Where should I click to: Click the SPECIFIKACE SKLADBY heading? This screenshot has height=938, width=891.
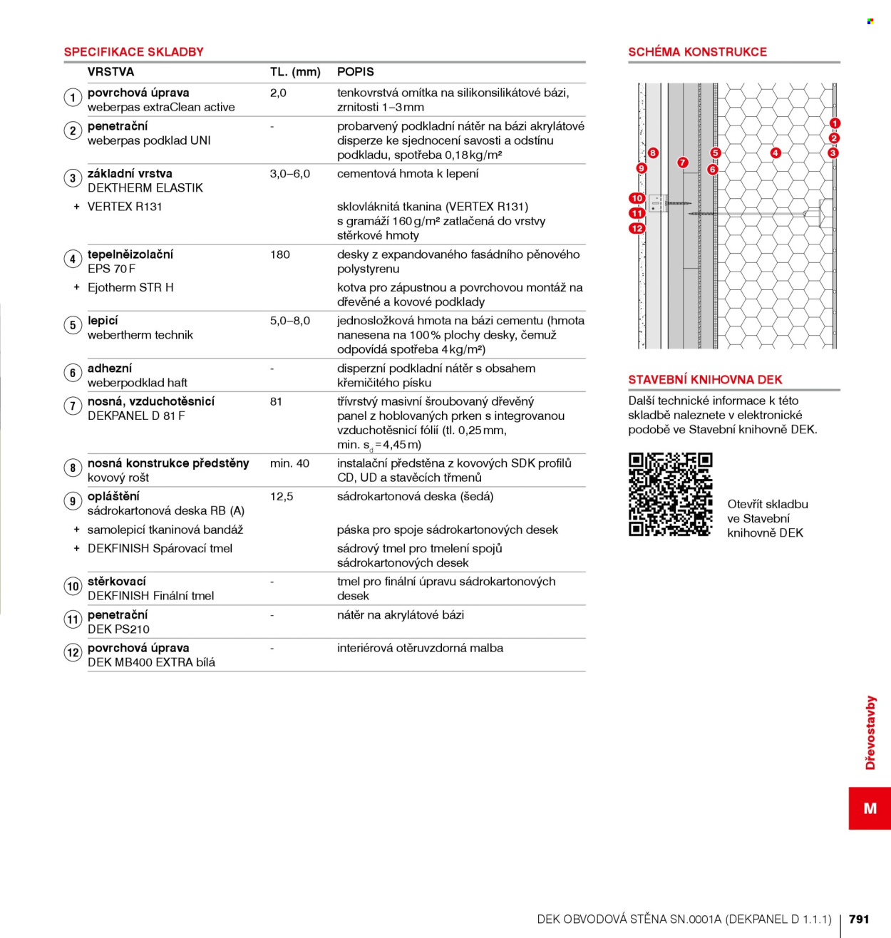point(133,51)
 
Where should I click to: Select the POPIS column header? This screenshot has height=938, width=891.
point(356,71)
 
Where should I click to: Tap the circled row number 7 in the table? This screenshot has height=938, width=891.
point(73,406)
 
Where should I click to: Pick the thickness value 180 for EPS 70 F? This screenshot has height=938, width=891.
point(279,254)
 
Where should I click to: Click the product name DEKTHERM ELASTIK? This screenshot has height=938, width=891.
point(145,187)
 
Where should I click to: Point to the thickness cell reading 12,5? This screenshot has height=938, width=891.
point(282,497)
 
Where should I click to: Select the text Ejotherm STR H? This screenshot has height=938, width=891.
point(130,287)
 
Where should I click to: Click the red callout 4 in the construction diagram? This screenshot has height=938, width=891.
point(776,153)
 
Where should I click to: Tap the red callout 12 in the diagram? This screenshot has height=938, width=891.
point(637,228)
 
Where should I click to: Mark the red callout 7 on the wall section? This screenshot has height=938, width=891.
point(682,163)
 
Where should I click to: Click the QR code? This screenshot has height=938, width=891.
point(670,494)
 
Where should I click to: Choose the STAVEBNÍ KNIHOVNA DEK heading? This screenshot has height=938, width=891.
point(705,379)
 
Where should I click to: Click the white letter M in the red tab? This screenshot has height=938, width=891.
point(870,808)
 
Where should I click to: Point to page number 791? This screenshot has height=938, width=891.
point(859,919)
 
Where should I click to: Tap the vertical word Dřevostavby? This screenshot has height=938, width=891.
point(870,732)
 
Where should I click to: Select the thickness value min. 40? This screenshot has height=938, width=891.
point(289,463)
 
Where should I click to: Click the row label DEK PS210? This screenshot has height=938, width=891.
point(118,629)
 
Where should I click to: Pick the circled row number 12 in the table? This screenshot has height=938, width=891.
point(73,652)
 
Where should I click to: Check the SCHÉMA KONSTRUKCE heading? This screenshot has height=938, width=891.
point(697,51)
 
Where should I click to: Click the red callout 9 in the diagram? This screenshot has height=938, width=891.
point(642,168)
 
